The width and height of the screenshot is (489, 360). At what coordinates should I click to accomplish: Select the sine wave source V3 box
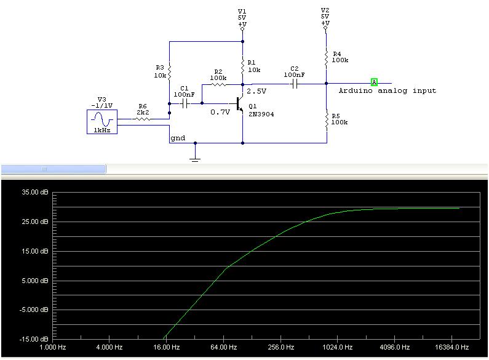point(102,121)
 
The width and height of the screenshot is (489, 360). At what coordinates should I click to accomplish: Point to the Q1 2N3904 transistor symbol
point(240,105)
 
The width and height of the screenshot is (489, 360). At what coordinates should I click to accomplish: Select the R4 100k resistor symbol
point(326,57)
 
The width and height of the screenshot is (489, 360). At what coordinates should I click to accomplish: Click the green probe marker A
point(374,82)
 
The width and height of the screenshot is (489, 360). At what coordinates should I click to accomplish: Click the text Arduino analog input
point(388,91)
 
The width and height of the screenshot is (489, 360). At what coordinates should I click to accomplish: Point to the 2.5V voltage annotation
point(256,91)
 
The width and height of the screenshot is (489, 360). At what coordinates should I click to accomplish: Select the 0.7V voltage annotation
point(220,113)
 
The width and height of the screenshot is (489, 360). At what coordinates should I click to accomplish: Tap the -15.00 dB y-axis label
point(33,339)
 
